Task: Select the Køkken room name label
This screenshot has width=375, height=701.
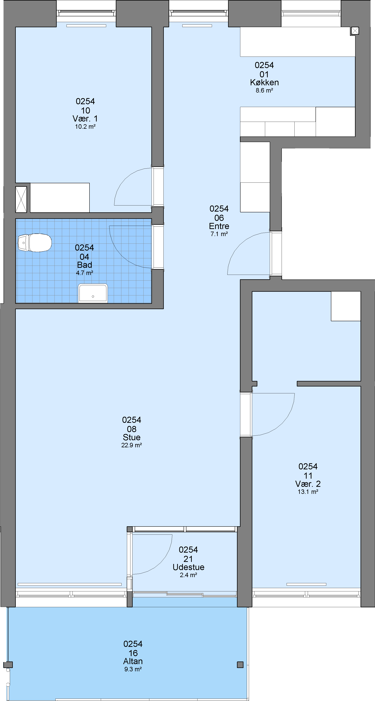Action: (x=264, y=83)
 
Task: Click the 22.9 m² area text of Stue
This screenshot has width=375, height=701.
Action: (x=132, y=445)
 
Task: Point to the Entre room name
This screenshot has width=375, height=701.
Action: (x=219, y=226)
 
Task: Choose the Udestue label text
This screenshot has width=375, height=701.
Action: (x=188, y=567)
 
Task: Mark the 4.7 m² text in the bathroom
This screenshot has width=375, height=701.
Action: (x=84, y=273)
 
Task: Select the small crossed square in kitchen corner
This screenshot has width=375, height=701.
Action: (x=355, y=31)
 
